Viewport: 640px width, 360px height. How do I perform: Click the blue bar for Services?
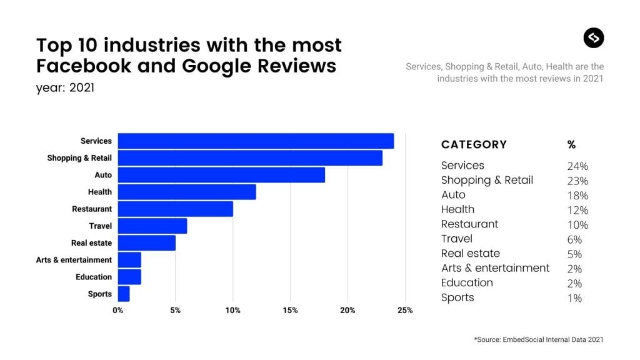pos(256,141)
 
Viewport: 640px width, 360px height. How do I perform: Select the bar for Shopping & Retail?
pos(250,158)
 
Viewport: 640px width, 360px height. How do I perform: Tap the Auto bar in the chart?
pos(221,175)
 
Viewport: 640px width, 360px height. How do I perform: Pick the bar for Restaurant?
pos(175,209)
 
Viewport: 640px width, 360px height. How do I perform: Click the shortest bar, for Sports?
pos(124,294)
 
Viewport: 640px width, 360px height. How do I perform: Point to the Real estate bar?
pos(146,242)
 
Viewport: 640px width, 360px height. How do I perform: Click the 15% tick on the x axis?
pos(290,311)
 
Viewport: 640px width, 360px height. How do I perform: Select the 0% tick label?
pos(117,311)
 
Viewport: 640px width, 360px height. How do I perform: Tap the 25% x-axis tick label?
pos(405,311)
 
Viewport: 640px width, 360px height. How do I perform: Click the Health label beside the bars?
pos(99,192)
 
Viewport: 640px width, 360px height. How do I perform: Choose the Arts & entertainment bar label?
pos(74,260)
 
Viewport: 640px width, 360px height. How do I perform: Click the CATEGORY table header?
pos(474,144)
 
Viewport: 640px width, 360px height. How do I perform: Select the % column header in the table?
pos(571,144)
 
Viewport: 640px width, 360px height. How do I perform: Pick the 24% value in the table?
pos(577,166)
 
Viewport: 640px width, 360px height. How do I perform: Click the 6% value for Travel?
pos(574,239)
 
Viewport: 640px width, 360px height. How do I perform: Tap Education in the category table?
pos(467,283)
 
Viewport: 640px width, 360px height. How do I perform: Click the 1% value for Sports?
pos(574,298)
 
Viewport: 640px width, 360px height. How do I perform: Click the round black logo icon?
pos(594,38)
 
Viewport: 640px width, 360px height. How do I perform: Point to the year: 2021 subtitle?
pos(65,87)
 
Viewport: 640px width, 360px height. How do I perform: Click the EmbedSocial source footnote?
pos(539,339)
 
